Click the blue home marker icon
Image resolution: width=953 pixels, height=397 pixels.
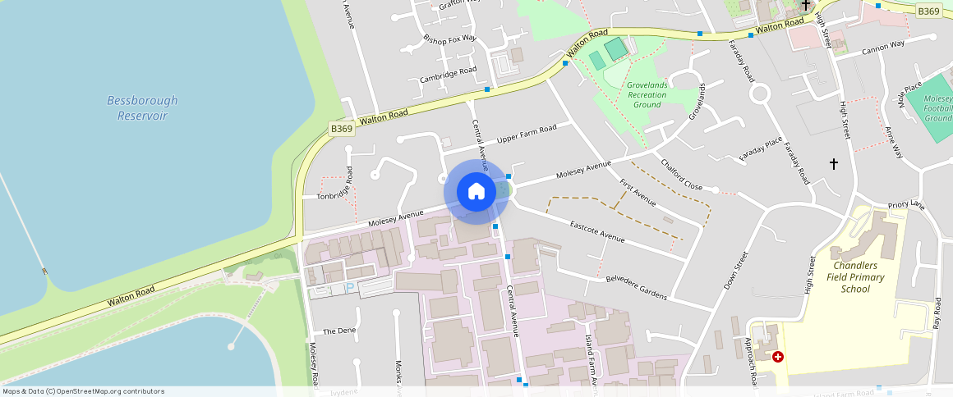coord(476,192)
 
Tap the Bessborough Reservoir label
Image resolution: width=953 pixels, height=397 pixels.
coord(142,108)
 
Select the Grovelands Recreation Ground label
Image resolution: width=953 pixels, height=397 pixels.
coord(647,94)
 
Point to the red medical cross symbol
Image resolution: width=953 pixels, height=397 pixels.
coord(777,357)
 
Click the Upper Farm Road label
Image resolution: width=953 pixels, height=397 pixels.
coord(527,135)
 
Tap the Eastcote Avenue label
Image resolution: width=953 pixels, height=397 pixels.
coord(597,231)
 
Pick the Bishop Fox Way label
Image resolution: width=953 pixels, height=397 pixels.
coord(449,39)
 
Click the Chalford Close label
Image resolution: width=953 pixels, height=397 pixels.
coord(681,175)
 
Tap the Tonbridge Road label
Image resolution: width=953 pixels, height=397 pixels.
coord(348,186)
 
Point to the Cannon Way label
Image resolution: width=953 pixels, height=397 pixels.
coord(882,48)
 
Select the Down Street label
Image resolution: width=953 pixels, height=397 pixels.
coord(736,271)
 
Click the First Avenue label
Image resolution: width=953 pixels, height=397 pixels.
coord(638,191)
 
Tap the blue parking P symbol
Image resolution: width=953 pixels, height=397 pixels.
coord(349,288)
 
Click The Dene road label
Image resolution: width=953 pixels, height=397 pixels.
coord(338,331)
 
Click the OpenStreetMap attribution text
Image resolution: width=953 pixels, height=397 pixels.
coord(83,391)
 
